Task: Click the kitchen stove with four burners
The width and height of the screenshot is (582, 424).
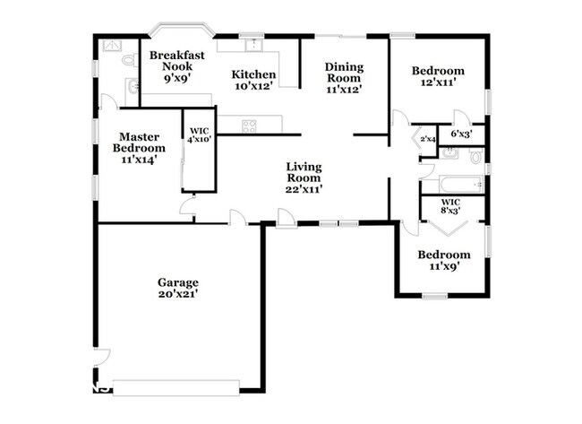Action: coord(250,124)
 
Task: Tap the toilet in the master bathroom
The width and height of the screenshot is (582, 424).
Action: coord(129,60)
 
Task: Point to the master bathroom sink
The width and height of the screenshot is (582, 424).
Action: coord(133,86)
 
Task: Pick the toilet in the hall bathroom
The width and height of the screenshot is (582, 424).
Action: coord(476,157)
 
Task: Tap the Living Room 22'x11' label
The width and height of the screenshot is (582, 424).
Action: coord(304,177)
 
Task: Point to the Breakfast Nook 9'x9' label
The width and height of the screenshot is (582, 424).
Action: coord(176,67)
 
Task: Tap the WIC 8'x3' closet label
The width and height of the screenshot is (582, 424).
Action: coord(450,207)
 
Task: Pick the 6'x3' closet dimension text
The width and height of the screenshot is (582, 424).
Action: coord(462,134)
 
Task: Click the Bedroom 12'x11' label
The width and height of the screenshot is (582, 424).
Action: coord(438,77)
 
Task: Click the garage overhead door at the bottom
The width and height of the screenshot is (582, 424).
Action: coord(175,387)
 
